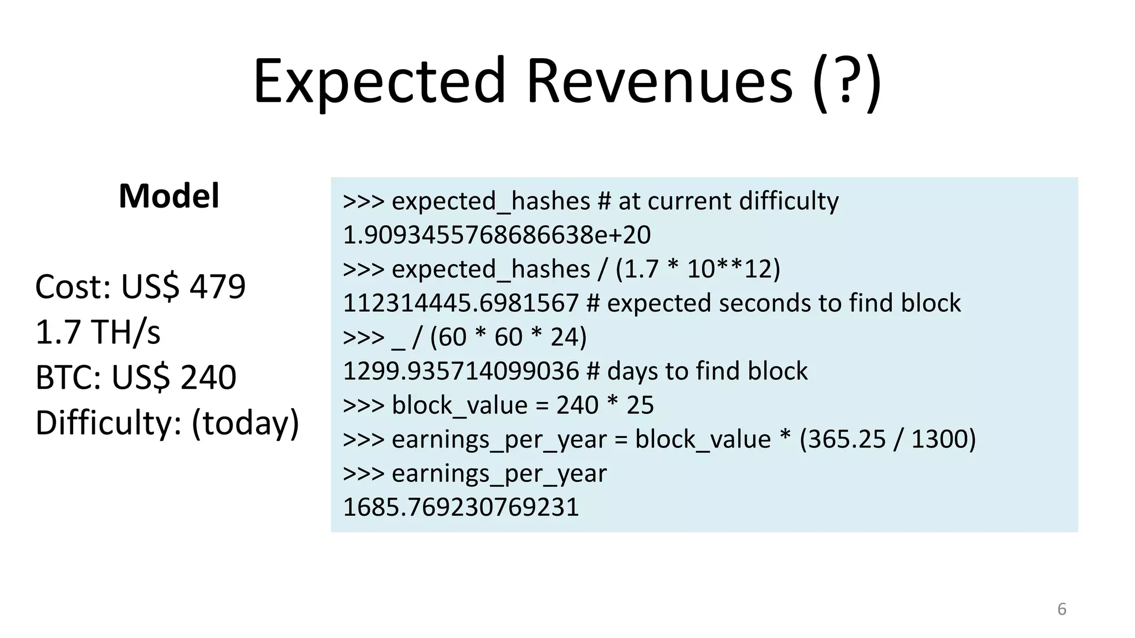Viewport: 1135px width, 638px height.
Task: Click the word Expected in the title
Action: point(380,82)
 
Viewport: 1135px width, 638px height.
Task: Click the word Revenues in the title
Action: point(659,82)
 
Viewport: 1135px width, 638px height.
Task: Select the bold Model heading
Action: point(169,196)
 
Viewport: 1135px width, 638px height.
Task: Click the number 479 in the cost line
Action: point(218,287)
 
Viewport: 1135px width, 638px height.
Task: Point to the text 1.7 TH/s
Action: point(98,332)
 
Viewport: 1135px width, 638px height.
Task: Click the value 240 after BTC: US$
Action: point(208,378)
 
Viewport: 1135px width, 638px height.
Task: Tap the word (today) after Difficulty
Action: point(246,423)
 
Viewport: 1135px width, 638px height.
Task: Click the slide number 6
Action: point(1061,609)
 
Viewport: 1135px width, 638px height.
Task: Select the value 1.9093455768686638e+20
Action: point(497,235)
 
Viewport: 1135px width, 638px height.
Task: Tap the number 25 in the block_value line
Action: point(640,405)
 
